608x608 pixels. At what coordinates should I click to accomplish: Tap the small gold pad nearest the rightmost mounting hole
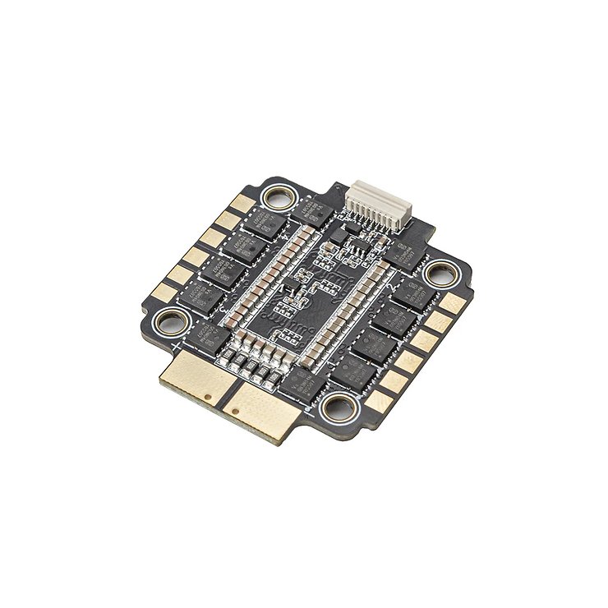(x=452, y=302)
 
